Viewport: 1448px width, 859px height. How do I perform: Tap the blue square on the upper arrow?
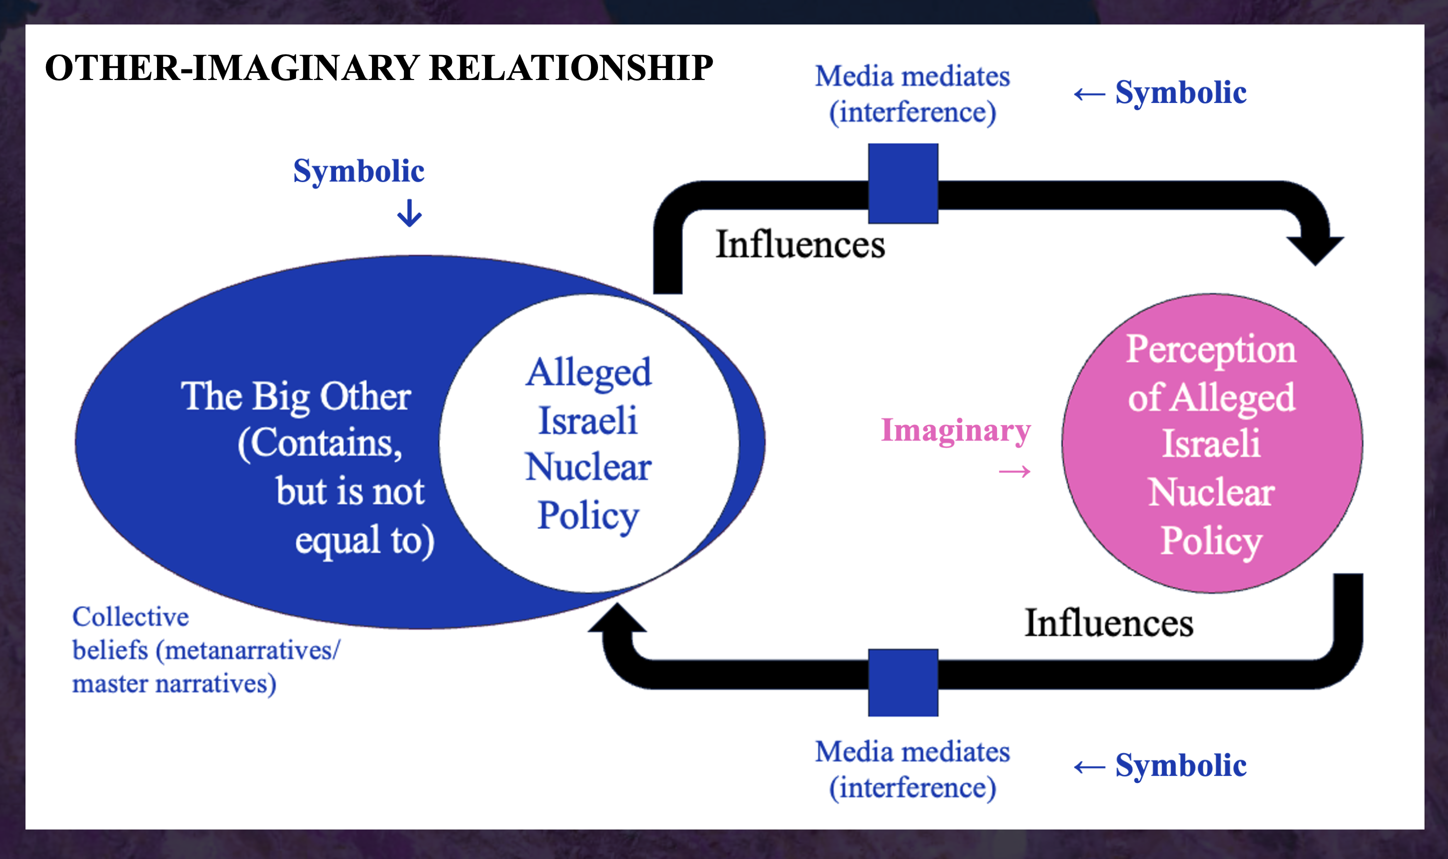(x=903, y=183)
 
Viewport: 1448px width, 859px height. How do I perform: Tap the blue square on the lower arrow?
(x=903, y=682)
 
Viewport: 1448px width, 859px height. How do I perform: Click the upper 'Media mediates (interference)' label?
(x=912, y=94)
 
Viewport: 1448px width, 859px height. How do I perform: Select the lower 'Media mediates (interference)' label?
(x=912, y=769)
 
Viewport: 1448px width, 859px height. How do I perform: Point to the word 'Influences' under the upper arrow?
(x=800, y=244)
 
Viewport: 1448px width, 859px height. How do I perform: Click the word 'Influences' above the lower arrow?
(x=1109, y=623)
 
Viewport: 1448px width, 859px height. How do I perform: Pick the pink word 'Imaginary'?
(x=955, y=430)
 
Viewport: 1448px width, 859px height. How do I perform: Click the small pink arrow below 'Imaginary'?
(x=1014, y=472)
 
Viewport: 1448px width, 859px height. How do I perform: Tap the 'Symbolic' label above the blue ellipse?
(x=359, y=171)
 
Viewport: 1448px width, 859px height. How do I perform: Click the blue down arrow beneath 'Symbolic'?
(x=409, y=213)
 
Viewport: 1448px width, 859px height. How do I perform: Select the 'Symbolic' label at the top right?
(x=1180, y=92)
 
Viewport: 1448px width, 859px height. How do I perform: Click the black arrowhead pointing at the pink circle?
(x=1315, y=249)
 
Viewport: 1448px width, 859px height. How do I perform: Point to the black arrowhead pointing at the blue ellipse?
(x=617, y=619)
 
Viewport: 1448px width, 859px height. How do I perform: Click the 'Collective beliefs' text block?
(x=205, y=650)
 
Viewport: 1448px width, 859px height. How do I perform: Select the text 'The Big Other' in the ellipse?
(x=295, y=397)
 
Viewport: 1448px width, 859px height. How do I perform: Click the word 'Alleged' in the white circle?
(x=588, y=373)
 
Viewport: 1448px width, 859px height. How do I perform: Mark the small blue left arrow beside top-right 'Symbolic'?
(x=1089, y=94)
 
